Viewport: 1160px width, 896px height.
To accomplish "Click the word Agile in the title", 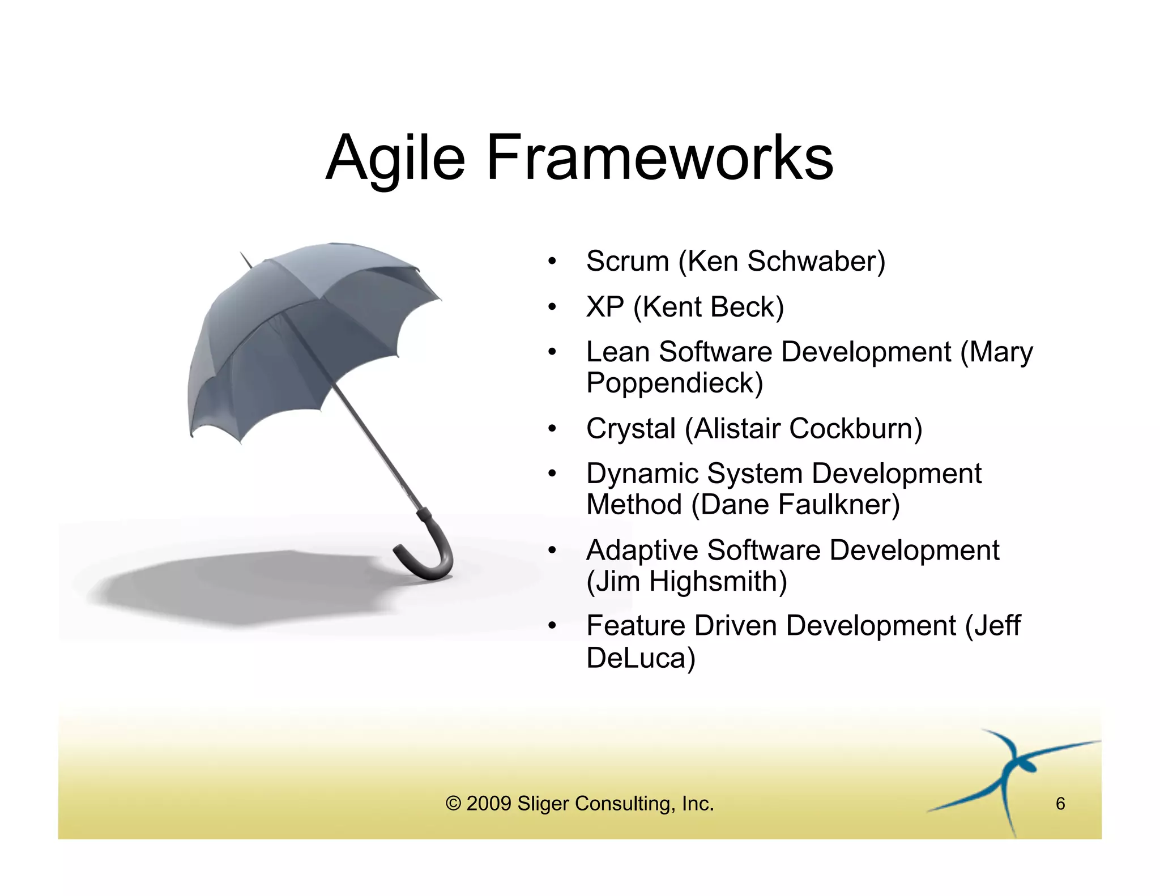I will (395, 158).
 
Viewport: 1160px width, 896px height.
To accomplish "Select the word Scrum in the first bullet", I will (628, 262).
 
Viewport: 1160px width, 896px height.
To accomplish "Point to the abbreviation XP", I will (605, 307).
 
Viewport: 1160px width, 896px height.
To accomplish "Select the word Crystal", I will (631, 429).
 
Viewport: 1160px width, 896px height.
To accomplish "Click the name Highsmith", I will (717, 582).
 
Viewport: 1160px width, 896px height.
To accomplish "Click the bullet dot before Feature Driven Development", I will (552, 626).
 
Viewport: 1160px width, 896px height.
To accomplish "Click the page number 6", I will (1060, 804).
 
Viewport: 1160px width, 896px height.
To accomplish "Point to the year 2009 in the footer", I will (489, 804).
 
